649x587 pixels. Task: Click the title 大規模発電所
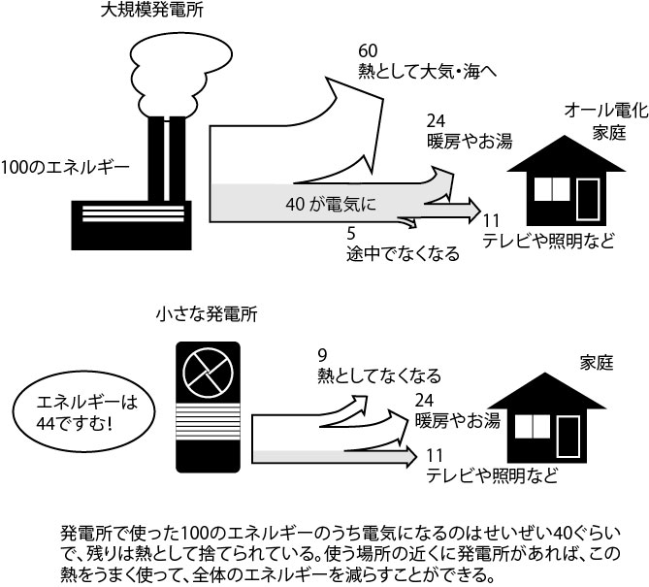click(x=152, y=10)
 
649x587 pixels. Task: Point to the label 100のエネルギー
click(x=65, y=168)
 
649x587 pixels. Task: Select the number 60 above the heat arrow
click(x=368, y=50)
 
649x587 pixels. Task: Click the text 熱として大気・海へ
click(x=427, y=71)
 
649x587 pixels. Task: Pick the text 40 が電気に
click(x=331, y=204)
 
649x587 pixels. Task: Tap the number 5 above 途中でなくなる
click(x=351, y=234)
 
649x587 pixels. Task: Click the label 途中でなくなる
click(x=403, y=253)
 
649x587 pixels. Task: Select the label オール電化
click(x=606, y=111)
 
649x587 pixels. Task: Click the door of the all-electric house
click(x=588, y=200)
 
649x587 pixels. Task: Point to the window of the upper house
click(x=552, y=189)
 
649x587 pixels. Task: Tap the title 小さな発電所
click(x=207, y=314)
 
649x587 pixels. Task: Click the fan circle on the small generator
click(x=208, y=372)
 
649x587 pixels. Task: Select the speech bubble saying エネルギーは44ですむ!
click(x=84, y=412)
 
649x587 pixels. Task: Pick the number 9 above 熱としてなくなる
click(x=322, y=355)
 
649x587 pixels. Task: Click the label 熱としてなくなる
click(x=379, y=375)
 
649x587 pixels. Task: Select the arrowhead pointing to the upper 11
click(x=474, y=211)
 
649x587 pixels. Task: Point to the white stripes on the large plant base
click(x=133, y=213)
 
